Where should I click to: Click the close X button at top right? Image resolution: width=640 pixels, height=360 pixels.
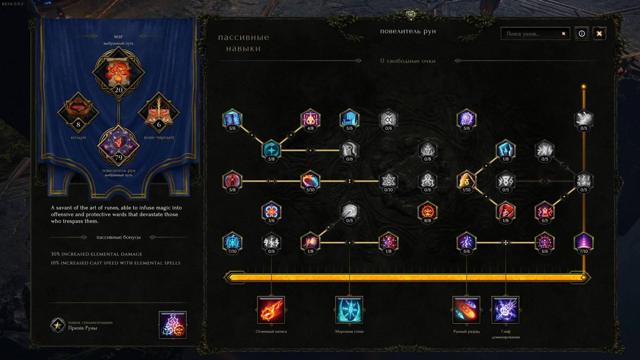click(x=599, y=34)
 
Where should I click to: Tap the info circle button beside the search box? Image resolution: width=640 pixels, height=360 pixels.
click(x=582, y=34)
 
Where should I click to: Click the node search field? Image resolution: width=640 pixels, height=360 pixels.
click(x=532, y=34)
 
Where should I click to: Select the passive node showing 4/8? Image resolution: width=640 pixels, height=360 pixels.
click(x=310, y=119)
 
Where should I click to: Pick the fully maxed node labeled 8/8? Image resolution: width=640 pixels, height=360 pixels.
click(x=427, y=211)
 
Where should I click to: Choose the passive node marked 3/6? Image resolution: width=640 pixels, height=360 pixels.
click(x=271, y=211)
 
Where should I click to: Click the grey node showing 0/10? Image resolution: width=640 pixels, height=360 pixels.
click(x=388, y=181)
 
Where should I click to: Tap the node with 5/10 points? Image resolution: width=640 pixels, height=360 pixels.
click(x=310, y=181)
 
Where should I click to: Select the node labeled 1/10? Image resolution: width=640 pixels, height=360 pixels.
click(x=466, y=181)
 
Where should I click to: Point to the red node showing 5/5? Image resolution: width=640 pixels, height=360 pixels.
click(x=544, y=211)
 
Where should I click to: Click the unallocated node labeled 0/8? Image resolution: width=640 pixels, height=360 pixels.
click(x=427, y=150)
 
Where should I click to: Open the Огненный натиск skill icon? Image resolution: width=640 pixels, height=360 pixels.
click(x=271, y=310)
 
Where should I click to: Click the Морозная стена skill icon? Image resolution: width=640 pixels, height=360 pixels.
click(x=349, y=310)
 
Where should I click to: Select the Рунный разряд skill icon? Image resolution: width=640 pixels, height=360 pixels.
click(x=466, y=310)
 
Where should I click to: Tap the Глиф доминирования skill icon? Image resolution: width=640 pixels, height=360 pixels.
click(x=505, y=310)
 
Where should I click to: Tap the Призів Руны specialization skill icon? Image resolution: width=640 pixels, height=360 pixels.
click(x=173, y=325)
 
